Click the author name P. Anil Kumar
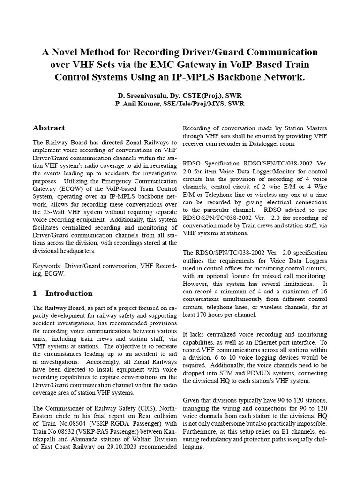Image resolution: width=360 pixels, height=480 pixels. [x=142, y=103]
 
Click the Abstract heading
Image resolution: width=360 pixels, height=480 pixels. [x=49, y=127]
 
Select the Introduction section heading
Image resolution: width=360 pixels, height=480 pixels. [x=69, y=293]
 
